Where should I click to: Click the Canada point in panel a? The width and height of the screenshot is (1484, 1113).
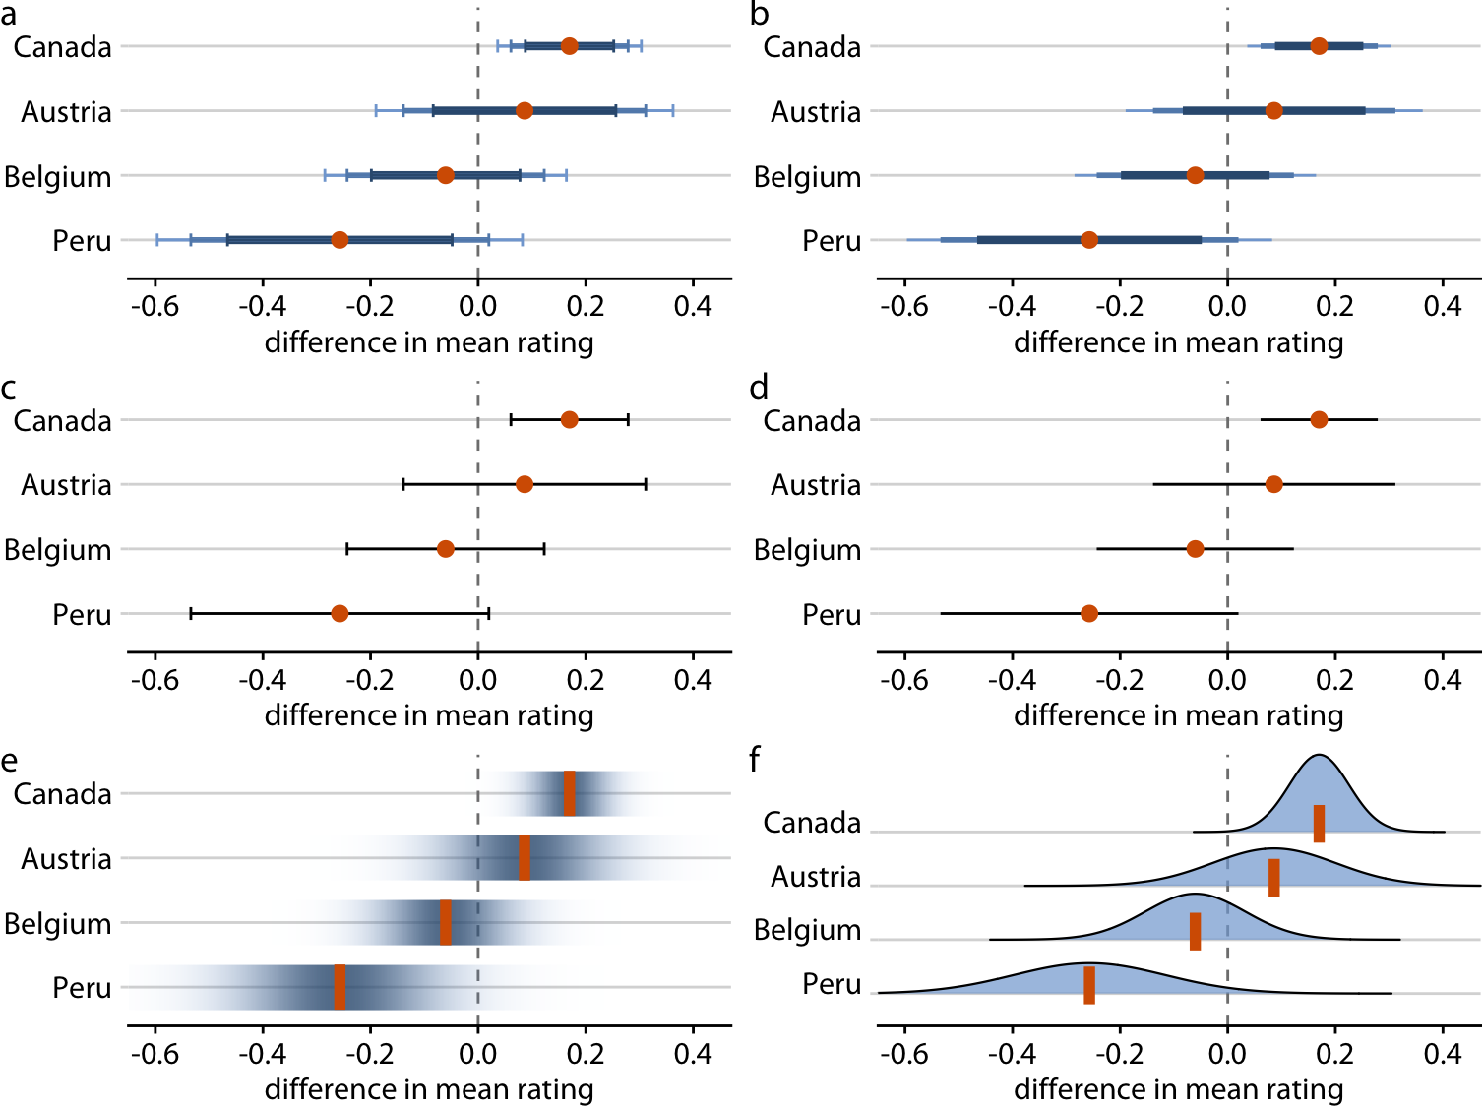tap(569, 46)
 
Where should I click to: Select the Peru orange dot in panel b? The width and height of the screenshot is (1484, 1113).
tap(1088, 240)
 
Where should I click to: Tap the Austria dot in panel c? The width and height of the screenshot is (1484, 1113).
tap(525, 484)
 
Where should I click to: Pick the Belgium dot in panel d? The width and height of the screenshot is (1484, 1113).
tap(1195, 549)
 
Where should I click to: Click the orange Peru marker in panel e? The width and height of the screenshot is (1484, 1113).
tap(340, 987)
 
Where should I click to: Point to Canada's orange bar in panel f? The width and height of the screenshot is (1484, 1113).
tap(1319, 824)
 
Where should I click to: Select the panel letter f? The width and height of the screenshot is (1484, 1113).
tap(755, 760)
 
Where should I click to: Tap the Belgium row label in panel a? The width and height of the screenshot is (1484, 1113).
tap(57, 177)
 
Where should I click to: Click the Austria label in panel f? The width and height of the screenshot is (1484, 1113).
tap(815, 876)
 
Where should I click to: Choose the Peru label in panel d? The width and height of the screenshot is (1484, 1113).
tap(831, 615)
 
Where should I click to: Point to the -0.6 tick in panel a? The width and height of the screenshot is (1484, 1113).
tap(155, 306)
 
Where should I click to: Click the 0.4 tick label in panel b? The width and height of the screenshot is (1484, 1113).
tap(1442, 306)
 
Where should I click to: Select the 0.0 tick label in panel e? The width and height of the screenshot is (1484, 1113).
tap(477, 1053)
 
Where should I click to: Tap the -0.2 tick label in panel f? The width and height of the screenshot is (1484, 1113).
tap(1120, 1053)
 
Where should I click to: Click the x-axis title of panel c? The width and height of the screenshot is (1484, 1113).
tap(429, 715)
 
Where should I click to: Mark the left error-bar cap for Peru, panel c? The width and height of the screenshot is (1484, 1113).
tap(191, 614)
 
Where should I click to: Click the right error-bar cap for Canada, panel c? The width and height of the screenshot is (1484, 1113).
tap(628, 420)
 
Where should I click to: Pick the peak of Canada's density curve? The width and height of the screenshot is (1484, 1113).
tap(1319, 755)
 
